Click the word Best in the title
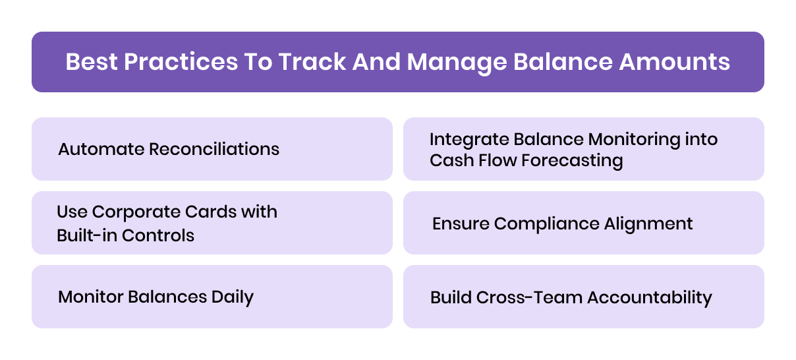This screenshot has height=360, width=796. (x=91, y=62)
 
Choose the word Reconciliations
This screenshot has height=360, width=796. (x=214, y=149)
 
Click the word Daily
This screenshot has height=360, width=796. (x=232, y=297)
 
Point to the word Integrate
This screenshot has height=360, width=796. (x=469, y=140)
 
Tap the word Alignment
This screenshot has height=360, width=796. (x=648, y=224)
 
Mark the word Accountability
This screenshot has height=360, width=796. (x=650, y=297)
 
